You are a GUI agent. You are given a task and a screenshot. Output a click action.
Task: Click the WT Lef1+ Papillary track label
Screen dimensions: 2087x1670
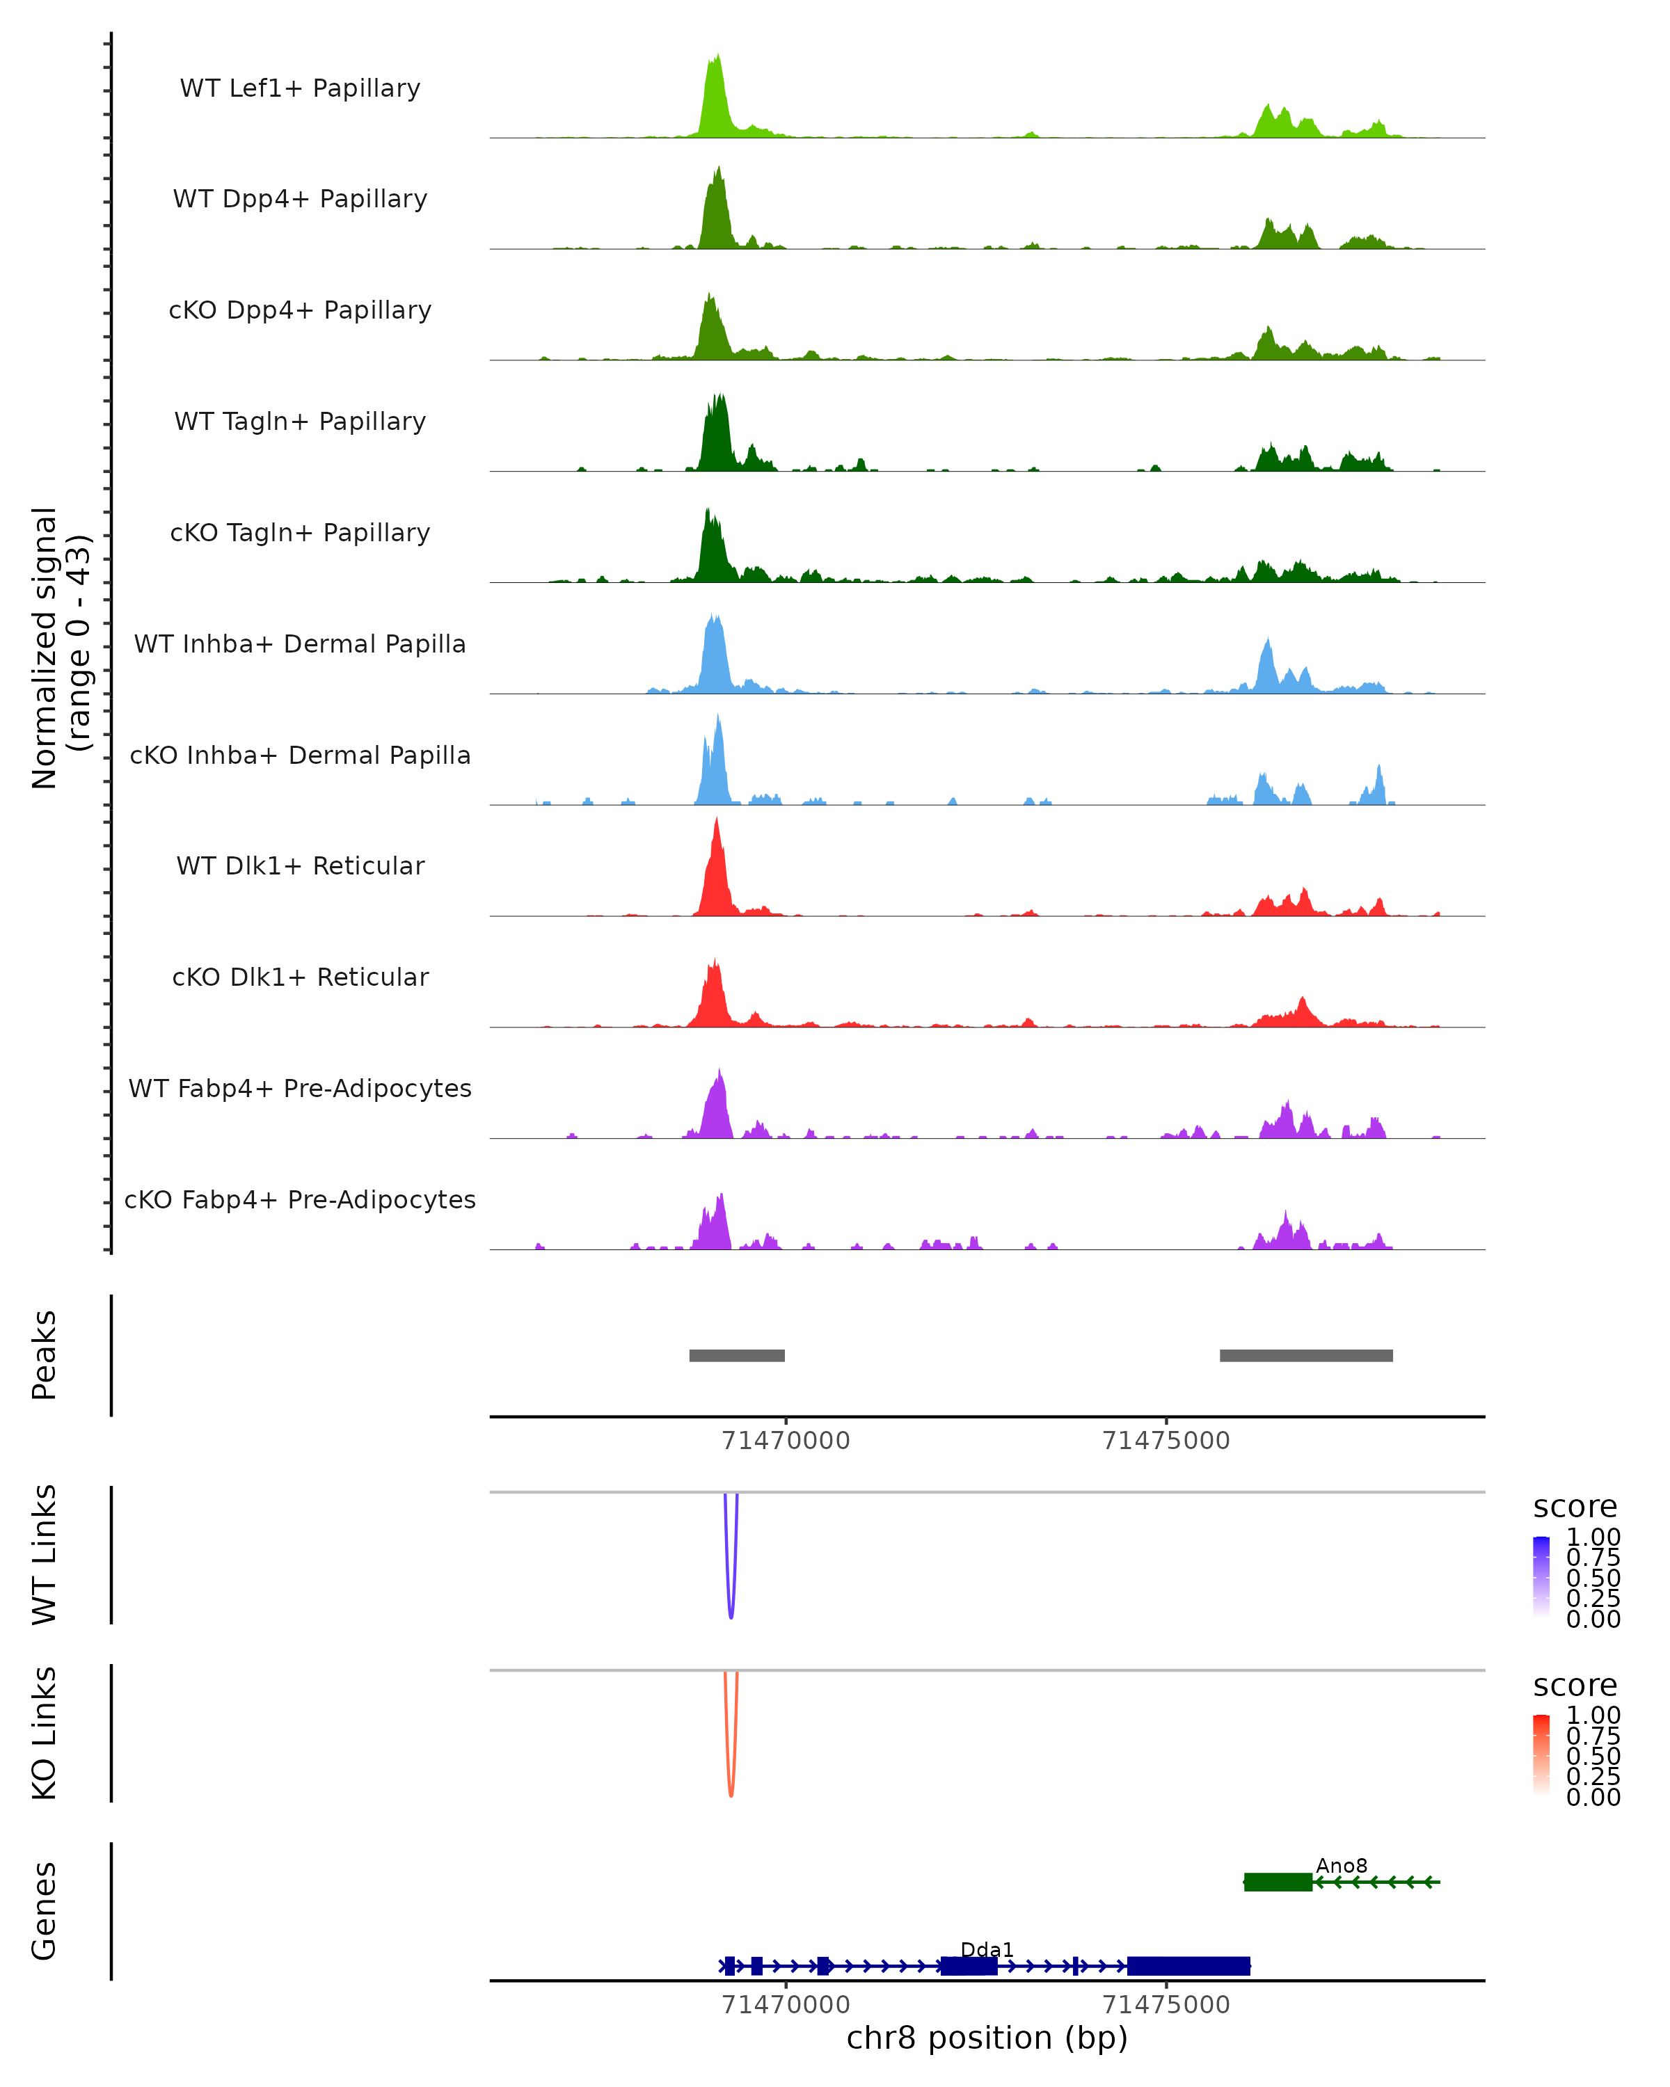(300, 88)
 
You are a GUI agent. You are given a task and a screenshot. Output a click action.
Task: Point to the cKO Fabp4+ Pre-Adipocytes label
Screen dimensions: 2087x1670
(300, 1199)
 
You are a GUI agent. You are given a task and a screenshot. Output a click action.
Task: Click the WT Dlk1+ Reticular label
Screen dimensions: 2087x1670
(300, 865)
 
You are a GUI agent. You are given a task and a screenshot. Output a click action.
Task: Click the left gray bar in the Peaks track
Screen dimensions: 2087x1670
(737, 1355)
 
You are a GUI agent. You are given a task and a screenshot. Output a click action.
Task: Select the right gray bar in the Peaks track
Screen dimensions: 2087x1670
(1306, 1355)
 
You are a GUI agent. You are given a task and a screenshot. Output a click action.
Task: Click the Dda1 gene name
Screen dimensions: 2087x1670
(987, 1949)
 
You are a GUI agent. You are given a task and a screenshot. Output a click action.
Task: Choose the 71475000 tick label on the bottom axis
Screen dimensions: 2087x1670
(1166, 2005)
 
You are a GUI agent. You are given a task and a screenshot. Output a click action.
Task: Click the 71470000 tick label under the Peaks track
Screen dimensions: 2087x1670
(785, 1441)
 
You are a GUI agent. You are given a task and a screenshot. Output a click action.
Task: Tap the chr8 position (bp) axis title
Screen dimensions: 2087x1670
(987, 2038)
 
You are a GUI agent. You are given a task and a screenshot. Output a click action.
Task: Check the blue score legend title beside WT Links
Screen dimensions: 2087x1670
(1574, 1506)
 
